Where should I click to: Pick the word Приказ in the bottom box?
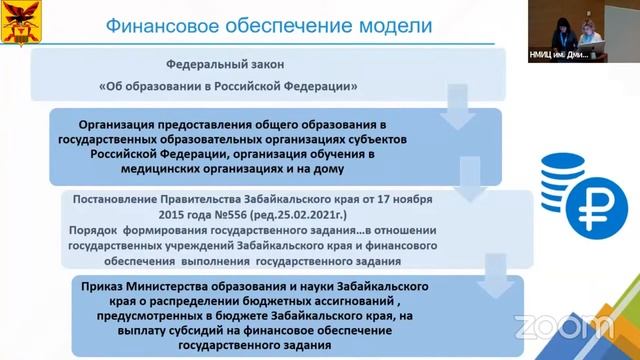pyautogui.click(x=109, y=286)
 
